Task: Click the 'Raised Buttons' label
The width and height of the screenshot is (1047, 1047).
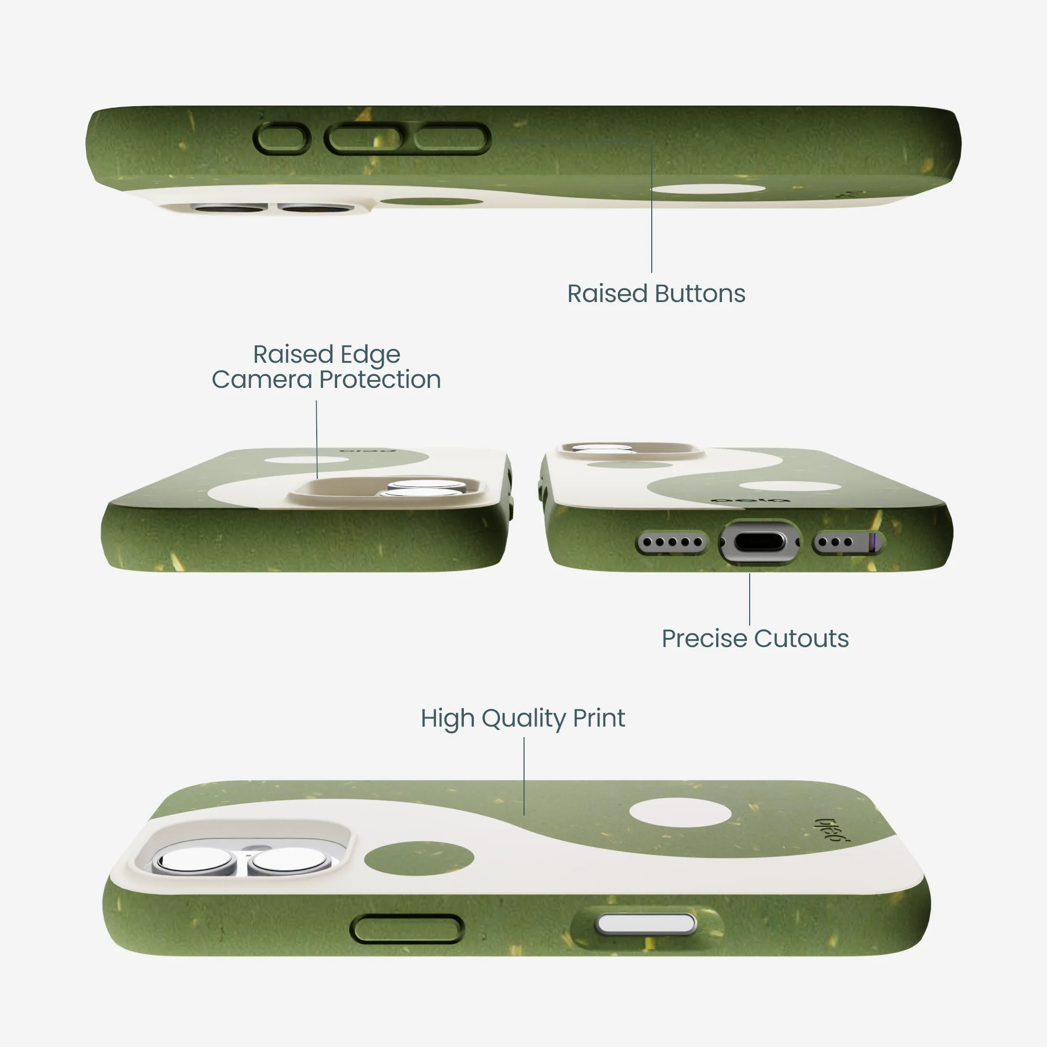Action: (x=656, y=294)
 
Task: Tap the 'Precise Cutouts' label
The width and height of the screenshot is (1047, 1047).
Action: (x=755, y=638)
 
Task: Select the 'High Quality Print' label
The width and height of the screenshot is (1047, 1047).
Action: (x=523, y=719)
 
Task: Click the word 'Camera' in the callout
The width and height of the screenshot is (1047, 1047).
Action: (x=262, y=380)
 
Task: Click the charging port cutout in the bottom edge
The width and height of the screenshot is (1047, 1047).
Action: (x=759, y=542)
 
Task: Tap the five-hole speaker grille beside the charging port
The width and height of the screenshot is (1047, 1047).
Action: (x=672, y=542)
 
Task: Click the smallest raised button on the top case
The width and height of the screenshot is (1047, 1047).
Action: (x=282, y=139)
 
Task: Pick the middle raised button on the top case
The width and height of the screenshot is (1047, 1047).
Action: (x=364, y=139)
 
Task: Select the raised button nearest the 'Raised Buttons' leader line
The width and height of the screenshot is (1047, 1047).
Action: (x=451, y=139)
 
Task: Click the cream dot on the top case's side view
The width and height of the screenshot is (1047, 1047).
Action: (x=708, y=188)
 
